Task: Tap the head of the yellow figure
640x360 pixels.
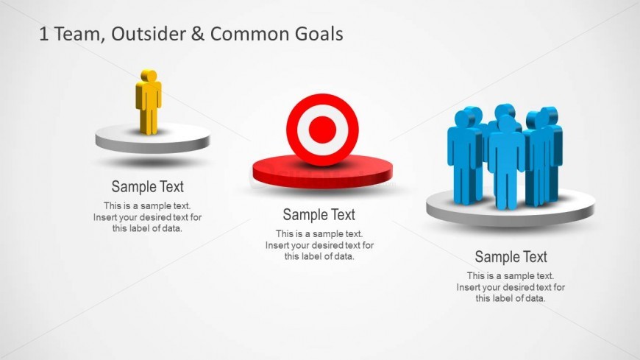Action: tap(148, 75)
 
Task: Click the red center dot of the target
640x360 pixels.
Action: tap(322, 130)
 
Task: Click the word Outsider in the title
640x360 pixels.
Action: tap(146, 34)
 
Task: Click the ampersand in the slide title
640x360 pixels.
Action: tap(197, 34)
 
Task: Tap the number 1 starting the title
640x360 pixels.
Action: tap(44, 34)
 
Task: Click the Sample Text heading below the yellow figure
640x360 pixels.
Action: tap(148, 186)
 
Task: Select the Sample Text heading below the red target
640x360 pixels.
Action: tap(319, 214)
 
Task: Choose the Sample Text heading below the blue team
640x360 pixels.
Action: tap(511, 257)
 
